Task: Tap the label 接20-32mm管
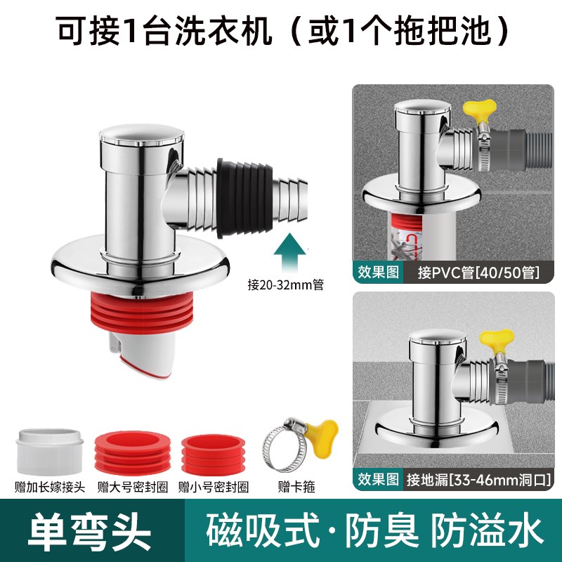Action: click(280, 285)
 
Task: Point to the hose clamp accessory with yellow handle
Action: click(290, 446)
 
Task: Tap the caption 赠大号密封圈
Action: click(131, 485)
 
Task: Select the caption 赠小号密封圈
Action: click(213, 485)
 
